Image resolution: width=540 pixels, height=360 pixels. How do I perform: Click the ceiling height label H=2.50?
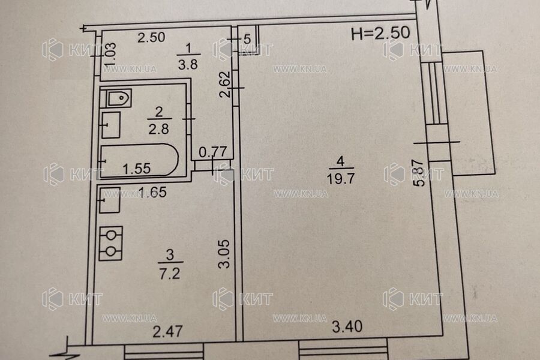coord(380,33)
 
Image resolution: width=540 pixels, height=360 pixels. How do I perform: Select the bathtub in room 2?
coord(139,160)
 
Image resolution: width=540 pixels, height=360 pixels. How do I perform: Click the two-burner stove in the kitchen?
coord(110,243)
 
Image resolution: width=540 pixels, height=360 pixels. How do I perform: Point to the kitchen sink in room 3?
coord(110,200)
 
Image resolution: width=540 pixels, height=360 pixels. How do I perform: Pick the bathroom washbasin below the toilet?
coord(110,125)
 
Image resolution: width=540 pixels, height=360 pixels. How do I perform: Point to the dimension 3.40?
coord(347,326)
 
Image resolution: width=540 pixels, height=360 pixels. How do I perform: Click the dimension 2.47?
coord(167,332)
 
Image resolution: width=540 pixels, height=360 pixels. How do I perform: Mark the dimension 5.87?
coord(420,173)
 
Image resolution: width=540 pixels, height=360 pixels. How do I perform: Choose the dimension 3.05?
coord(224,254)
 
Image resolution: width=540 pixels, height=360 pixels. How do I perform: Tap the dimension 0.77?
coord(213,152)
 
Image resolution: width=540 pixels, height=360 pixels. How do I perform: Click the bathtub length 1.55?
coord(137,168)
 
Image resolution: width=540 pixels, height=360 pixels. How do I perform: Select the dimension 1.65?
coord(152,192)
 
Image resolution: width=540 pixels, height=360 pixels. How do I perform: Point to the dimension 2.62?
coord(226,85)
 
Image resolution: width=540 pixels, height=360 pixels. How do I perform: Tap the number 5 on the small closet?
coord(247,39)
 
